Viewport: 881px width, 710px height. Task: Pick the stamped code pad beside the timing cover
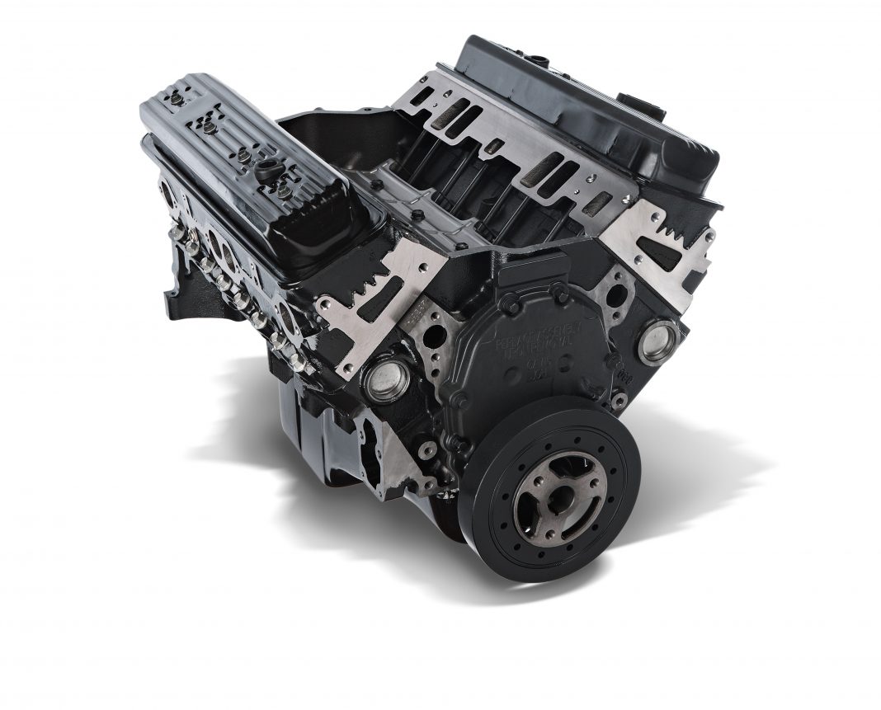point(416,312)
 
